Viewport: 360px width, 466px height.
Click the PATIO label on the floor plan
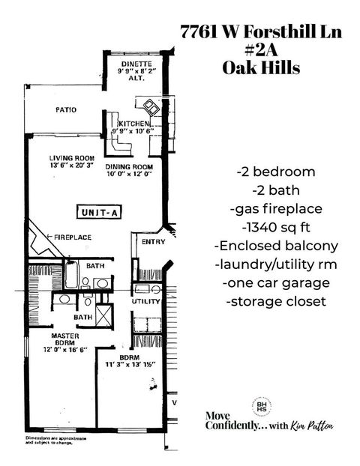point(66,109)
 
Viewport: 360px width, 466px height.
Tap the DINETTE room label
point(136,64)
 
